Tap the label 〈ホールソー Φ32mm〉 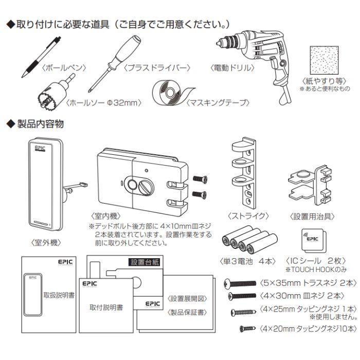(x=110, y=103)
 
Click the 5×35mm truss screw (x=240, y=283)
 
